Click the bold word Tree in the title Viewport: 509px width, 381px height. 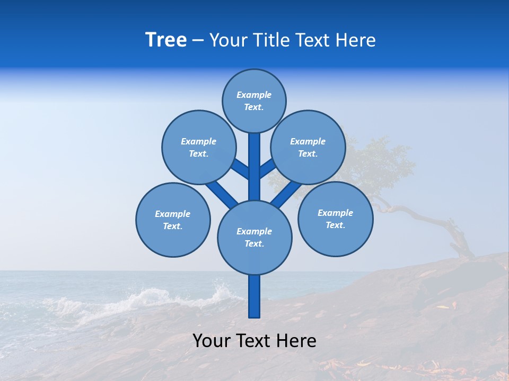166,40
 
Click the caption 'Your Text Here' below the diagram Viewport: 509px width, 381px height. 254,341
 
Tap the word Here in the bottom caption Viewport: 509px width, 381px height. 296,341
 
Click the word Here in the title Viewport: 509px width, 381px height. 356,40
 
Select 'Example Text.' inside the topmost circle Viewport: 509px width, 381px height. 254,101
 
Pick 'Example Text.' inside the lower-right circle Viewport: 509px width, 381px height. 335,219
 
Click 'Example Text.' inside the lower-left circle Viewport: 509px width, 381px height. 173,220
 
